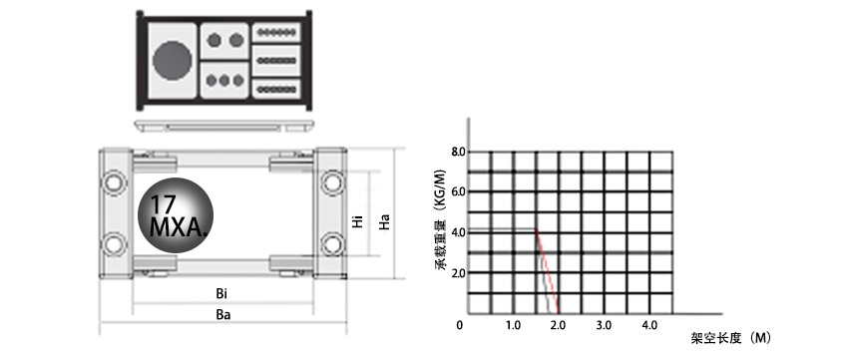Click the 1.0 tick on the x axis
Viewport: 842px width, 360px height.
(513, 326)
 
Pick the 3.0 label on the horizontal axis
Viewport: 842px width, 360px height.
(604, 326)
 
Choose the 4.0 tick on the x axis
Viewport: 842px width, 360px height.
(649, 326)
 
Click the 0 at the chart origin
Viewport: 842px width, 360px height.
(461, 326)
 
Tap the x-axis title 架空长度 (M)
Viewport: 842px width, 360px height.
(731, 338)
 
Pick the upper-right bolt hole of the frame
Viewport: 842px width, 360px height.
(330, 183)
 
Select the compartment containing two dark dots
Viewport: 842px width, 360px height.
(224, 41)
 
